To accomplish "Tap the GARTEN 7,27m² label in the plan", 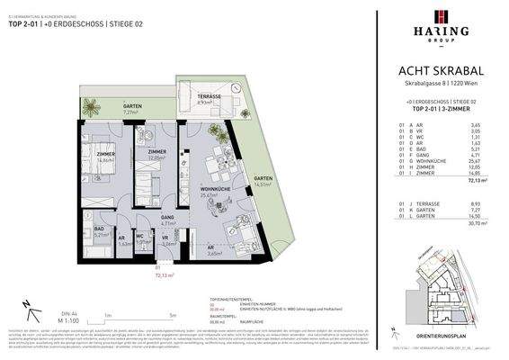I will click(131, 110).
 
